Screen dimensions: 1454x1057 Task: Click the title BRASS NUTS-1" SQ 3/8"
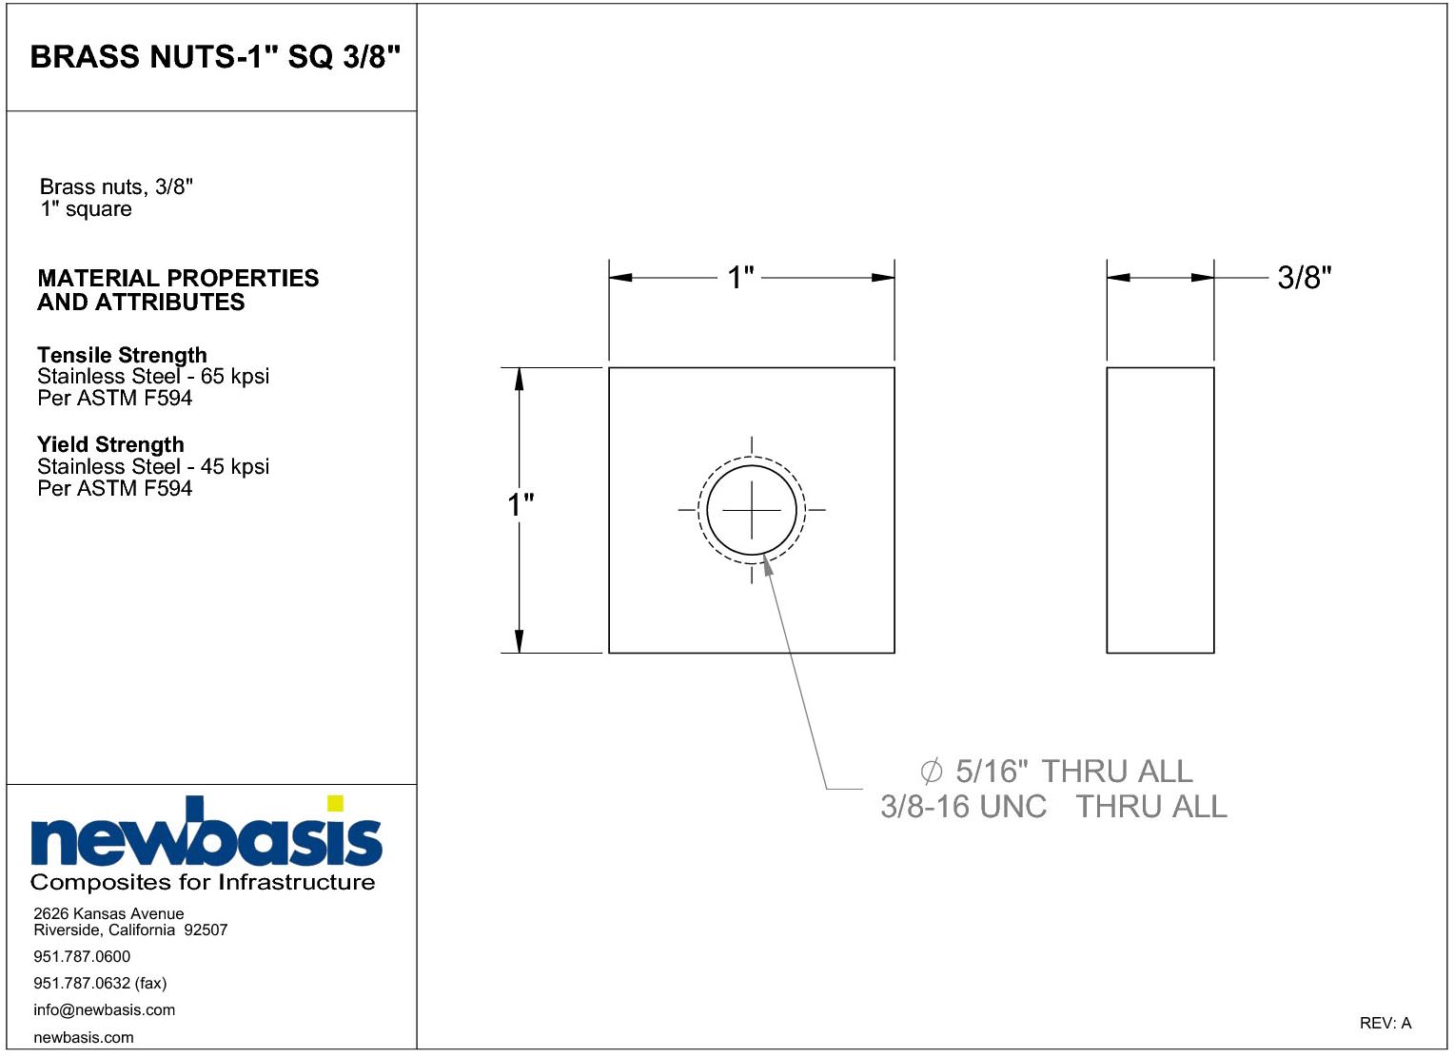tap(215, 57)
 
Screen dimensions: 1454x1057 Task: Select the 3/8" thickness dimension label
tap(1305, 278)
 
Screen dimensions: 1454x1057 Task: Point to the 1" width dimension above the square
tap(740, 278)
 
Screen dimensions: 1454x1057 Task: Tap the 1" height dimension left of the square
tap(521, 505)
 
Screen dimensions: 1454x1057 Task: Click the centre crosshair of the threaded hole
tap(752, 510)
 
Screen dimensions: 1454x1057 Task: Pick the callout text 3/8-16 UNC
tap(963, 807)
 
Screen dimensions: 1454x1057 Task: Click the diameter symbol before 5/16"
tap(931, 772)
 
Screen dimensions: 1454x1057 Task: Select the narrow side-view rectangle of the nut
tap(1160, 510)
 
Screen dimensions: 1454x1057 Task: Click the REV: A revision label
tap(1385, 1024)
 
